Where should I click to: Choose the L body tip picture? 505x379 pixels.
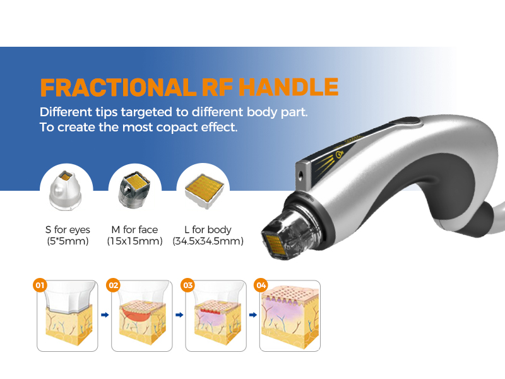coord(203,188)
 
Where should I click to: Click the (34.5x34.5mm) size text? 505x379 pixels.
coord(208,241)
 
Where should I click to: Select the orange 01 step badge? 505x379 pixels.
coord(40,286)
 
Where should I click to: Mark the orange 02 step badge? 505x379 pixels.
coord(114,286)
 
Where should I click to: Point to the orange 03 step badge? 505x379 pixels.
coord(187,286)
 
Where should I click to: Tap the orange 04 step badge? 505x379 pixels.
coord(261,286)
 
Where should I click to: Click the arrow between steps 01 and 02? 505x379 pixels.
coord(105,314)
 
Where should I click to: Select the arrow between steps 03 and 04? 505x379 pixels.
coord(253,314)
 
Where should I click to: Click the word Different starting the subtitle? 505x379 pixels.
coord(66,112)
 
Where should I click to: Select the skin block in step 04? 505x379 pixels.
coord(290,319)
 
